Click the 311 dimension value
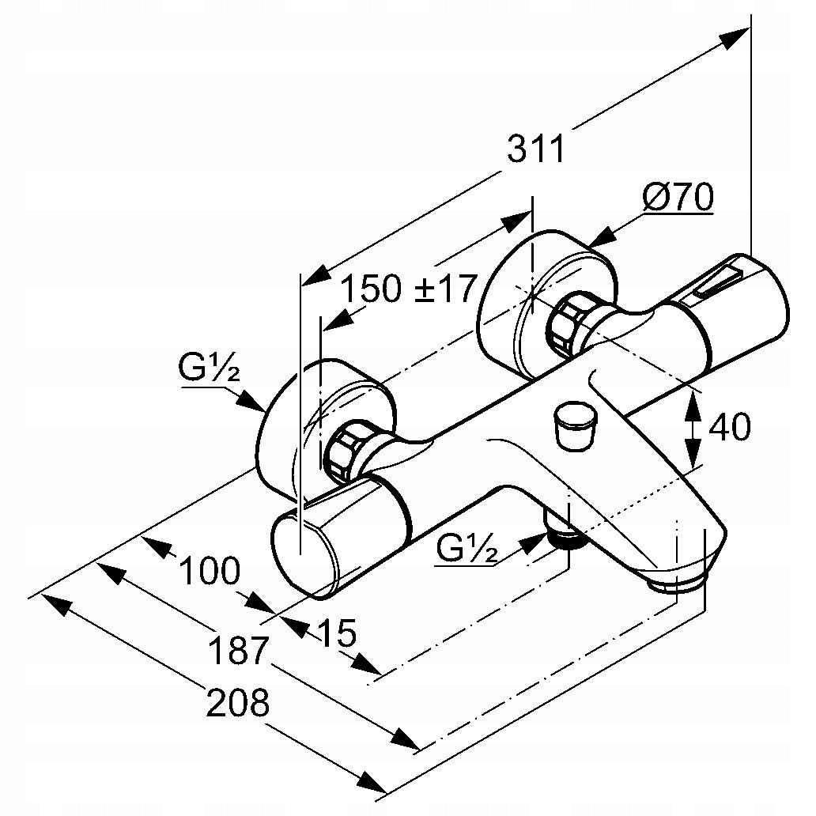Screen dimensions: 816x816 (536, 149)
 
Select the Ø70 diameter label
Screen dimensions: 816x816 (678, 198)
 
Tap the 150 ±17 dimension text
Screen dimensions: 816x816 (409, 289)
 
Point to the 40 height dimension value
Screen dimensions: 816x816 (729, 428)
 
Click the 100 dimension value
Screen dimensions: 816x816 (209, 571)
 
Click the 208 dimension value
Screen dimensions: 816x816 (237, 703)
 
